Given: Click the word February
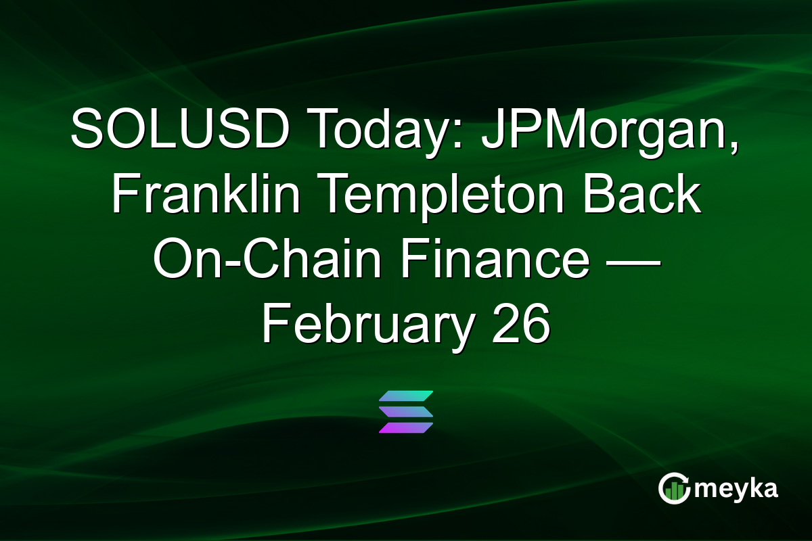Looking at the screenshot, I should pyautogui.click(x=366, y=327).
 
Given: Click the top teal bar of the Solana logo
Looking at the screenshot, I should pyautogui.click(x=406, y=395).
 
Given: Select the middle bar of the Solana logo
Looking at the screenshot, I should pyautogui.click(x=406, y=411).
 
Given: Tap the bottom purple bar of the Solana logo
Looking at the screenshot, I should pyautogui.click(x=406, y=427).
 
